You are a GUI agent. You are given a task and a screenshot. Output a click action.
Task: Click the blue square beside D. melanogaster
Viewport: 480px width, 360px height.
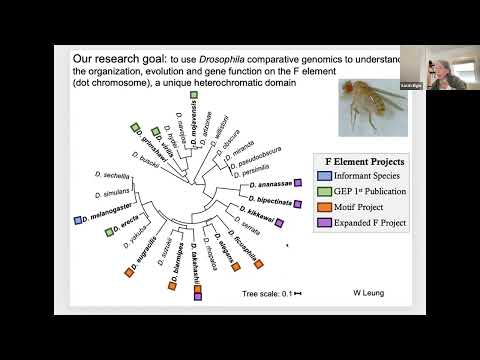tap(77, 217)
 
